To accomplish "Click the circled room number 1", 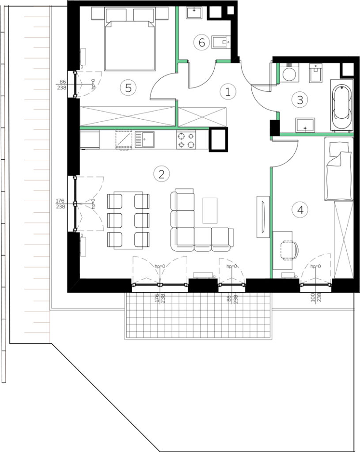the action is [228, 92].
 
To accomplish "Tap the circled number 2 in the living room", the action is [162, 174].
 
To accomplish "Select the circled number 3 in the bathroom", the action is [300, 100].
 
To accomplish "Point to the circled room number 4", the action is [300, 210].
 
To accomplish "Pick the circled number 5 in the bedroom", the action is [129, 88].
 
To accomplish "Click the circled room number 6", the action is [201, 42].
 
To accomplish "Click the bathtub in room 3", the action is [342, 105].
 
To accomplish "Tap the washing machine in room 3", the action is [289, 74].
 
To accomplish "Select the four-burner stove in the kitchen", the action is [186, 140].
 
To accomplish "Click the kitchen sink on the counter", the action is [144, 139].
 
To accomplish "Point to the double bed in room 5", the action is [130, 39].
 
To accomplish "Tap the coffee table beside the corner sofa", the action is [210, 211].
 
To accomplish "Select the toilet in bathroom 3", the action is [316, 73].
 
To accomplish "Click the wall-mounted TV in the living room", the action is [263, 217].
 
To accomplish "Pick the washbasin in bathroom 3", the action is [305, 124].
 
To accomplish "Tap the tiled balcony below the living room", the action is [198, 316].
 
